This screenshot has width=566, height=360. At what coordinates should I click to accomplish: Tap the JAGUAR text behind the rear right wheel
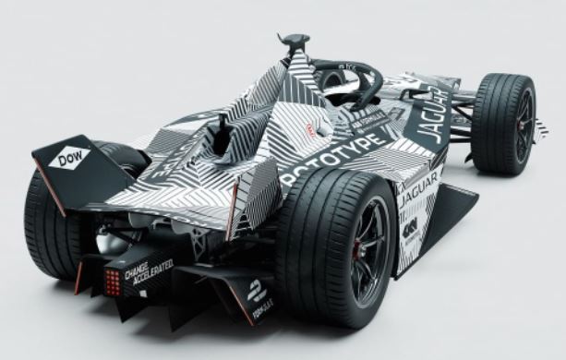[418, 187]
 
